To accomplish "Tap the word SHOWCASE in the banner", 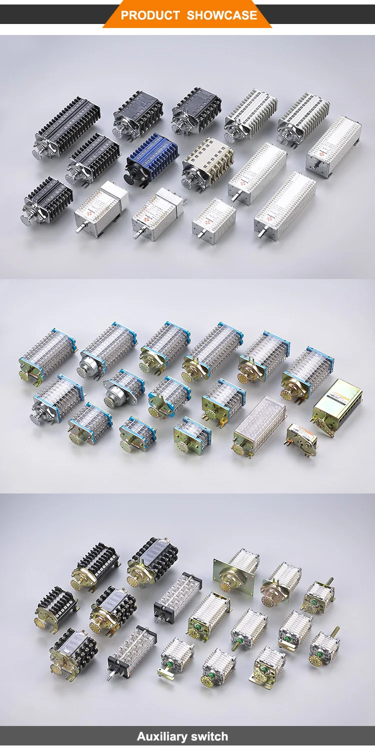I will tap(222, 15).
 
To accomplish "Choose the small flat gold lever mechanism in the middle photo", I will tap(301, 440).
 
